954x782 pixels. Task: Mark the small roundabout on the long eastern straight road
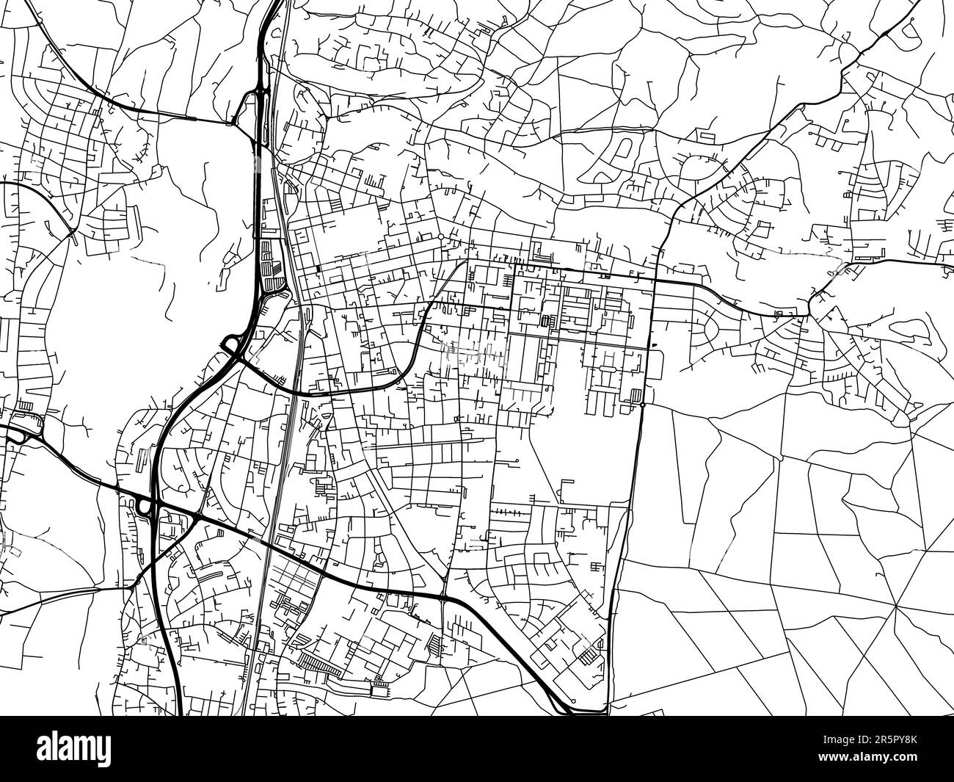642,405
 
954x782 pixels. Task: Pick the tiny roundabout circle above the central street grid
440,237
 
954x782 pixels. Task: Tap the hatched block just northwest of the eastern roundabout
628,394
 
